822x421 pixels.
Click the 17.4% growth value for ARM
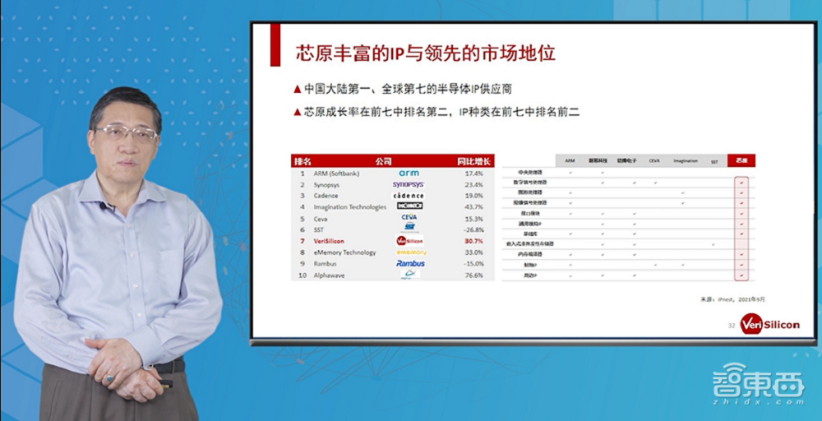coord(473,173)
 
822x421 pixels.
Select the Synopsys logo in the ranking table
coord(409,185)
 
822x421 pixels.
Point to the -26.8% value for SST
coord(473,229)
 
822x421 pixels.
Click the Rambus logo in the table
coord(409,263)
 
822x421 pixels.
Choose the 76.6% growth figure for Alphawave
coord(473,275)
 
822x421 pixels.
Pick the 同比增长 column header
coord(473,161)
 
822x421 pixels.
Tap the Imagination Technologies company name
coord(349,207)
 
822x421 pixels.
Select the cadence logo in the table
coord(409,196)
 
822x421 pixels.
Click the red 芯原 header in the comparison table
coord(742,160)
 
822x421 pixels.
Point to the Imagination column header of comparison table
coord(685,161)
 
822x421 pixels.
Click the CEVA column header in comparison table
coord(654,161)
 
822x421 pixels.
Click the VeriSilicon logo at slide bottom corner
coord(769,324)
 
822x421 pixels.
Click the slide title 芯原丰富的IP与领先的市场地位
coord(425,54)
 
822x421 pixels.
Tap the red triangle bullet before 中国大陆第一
coord(297,89)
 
